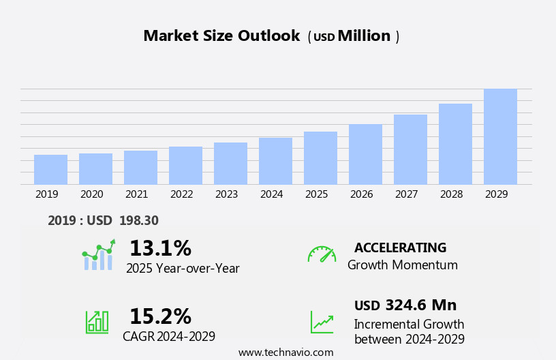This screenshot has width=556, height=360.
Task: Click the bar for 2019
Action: tap(50, 170)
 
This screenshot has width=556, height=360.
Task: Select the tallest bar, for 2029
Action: tap(500, 137)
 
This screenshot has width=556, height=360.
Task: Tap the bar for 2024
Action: tap(275, 162)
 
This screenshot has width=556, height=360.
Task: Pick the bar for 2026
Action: tap(365, 155)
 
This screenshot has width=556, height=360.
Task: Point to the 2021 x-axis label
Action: tap(136, 194)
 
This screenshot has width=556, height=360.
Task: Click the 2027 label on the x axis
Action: tap(406, 194)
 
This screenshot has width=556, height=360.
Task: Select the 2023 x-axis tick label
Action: tap(226, 194)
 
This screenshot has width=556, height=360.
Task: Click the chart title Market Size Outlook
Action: tap(221, 36)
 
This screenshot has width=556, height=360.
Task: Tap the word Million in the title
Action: tap(364, 36)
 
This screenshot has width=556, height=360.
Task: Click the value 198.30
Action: tap(138, 221)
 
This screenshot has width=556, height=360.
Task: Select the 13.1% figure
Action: tap(160, 249)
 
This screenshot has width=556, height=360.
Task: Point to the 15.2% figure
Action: tap(160, 316)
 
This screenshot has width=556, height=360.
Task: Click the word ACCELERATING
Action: tap(400, 248)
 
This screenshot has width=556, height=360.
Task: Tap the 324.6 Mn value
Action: tap(420, 305)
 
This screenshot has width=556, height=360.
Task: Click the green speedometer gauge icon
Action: tap(322, 254)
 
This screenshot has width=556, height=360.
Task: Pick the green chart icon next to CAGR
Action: tap(97, 321)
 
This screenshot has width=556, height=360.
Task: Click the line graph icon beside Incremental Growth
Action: tap(322, 322)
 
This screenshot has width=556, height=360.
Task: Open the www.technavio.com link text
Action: tap(285, 352)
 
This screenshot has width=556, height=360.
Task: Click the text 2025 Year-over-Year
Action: tap(183, 269)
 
